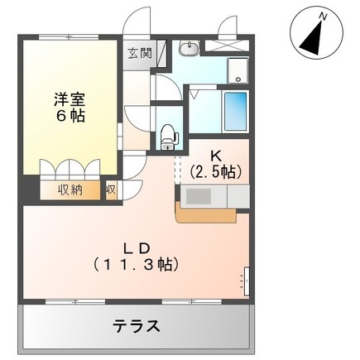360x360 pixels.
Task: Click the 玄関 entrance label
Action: pos(140,53)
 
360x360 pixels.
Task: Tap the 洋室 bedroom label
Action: pos(69,100)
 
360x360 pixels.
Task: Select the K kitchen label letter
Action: pos(216,156)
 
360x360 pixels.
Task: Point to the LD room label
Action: pos(137,248)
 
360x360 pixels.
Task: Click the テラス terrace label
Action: pos(137,326)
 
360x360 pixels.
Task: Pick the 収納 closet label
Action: pos(70,190)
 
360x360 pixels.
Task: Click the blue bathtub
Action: pos(235,111)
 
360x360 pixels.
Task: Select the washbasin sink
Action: pos(190,48)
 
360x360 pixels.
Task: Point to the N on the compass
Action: pos(323,17)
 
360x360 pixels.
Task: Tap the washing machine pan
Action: pos(238,70)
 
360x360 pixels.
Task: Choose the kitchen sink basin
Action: pos(199,196)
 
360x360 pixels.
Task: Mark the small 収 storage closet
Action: pos(112,190)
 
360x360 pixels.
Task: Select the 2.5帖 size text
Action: pos(216,172)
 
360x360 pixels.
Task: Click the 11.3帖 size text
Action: pos(137,265)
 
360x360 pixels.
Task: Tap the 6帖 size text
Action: pos(70,117)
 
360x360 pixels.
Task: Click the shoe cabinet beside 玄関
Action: pos(162,54)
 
